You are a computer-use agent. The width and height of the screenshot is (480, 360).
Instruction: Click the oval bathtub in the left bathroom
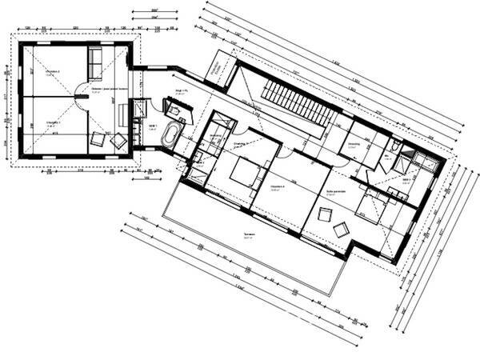point(171,135)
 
